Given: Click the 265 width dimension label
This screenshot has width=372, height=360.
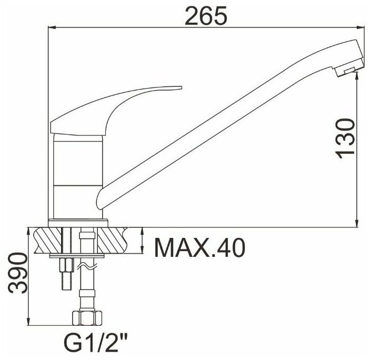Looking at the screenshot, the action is pos(206,16).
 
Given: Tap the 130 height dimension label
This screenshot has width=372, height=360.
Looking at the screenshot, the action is pos(345,139).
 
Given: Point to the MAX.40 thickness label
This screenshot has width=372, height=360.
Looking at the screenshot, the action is pos(199,248).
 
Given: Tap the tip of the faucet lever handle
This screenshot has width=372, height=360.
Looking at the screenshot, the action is pos(181,87).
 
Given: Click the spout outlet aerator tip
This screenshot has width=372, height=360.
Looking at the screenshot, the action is pos(348,71).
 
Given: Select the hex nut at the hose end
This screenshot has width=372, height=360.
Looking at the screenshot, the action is pos(87,318).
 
